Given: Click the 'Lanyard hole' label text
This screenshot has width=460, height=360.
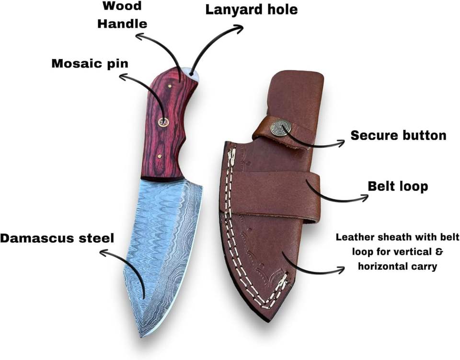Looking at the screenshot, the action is pyautogui.click(x=251, y=10).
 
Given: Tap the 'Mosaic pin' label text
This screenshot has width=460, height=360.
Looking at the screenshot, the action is pyautogui.click(x=90, y=63).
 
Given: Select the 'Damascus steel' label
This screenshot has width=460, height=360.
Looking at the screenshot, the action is pyautogui.click(x=57, y=238).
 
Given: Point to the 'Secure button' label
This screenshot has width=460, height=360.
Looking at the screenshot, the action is pyautogui.click(x=398, y=136).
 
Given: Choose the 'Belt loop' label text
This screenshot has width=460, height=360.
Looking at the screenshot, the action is pyautogui.click(x=398, y=186).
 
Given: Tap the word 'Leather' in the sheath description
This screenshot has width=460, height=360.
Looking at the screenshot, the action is pyautogui.click(x=356, y=237).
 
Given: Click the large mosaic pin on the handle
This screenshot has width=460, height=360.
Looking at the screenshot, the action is pyautogui.click(x=163, y=122).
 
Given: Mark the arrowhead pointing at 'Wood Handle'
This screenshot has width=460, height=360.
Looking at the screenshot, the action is pyautogui.click(x=138, y=35).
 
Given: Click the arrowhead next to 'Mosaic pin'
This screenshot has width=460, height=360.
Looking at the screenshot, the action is pyautogui.click(x=122, y=75).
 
